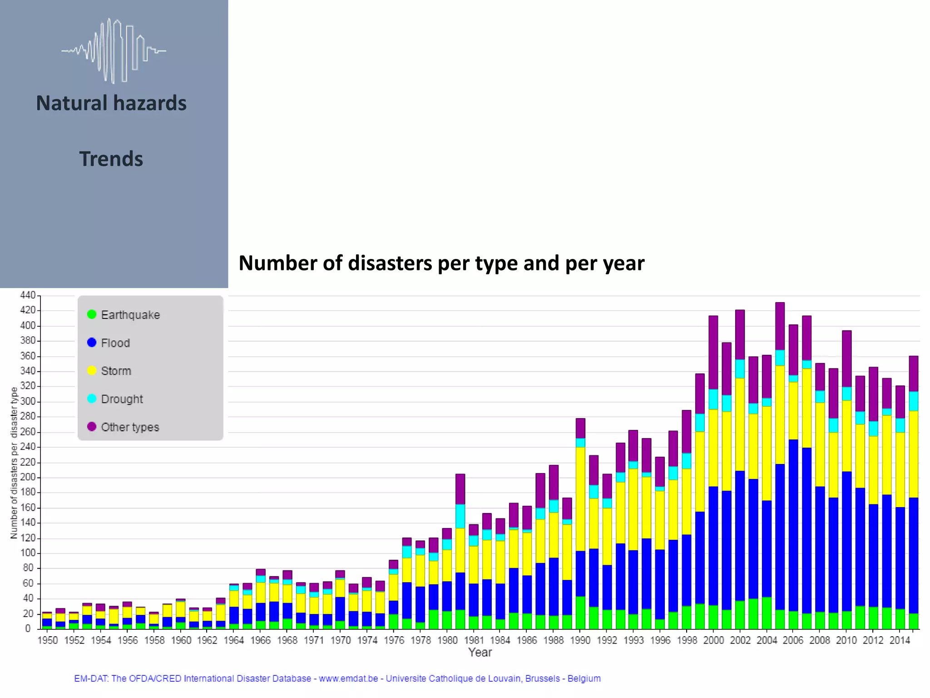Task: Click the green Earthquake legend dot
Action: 92,314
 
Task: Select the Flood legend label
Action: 115,343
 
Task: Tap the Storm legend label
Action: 116,371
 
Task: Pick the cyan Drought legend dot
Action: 92,399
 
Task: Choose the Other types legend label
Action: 130,427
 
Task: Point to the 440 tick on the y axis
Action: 28,295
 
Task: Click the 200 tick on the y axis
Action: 28,477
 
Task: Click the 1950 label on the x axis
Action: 48,640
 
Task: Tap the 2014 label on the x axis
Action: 900,640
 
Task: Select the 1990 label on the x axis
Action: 580,640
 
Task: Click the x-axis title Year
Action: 480,653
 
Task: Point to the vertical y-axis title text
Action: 14,463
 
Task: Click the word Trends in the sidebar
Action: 111,159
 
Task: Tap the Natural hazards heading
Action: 111,103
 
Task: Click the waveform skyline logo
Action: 114,51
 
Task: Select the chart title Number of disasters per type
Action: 441,263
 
